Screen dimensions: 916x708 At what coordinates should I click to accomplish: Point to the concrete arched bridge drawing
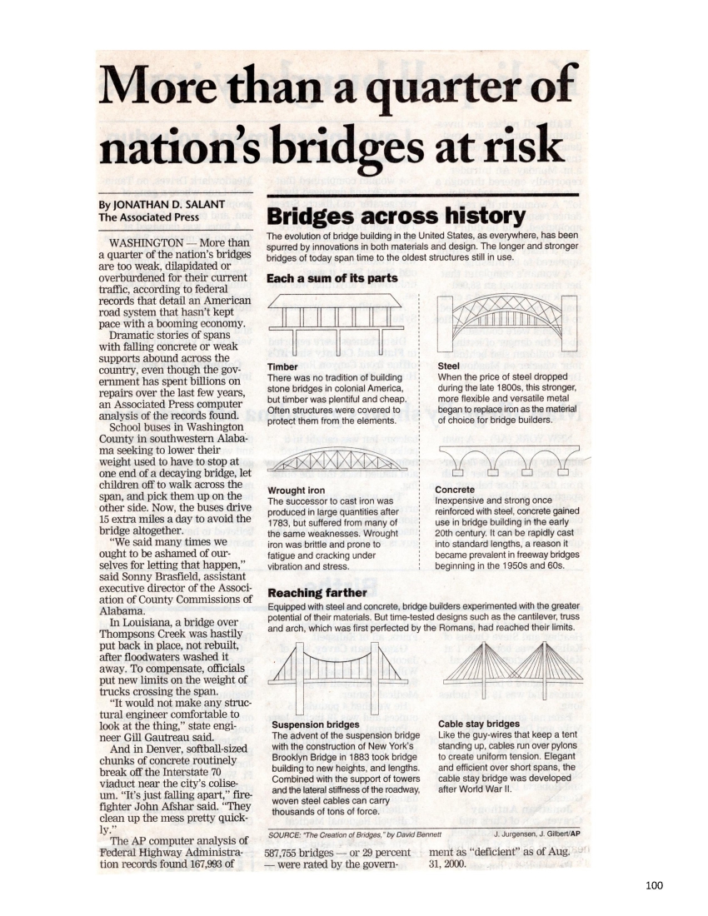click(x=506, y=456)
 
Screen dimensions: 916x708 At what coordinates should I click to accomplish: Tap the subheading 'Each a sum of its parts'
click(x=332, y=277)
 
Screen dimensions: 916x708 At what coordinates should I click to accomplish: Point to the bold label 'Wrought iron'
click(x=296, y=490)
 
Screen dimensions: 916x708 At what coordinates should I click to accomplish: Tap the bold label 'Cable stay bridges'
click(x=478, y=724)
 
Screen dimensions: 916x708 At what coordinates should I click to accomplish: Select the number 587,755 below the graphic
click(x=288, y=853)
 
